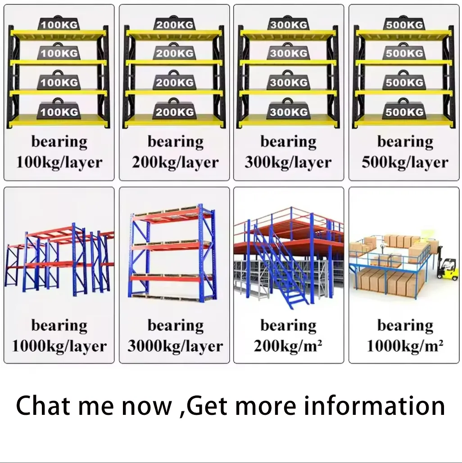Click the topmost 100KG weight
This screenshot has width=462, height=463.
pos(59,23)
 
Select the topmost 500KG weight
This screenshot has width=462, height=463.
pos(404,23)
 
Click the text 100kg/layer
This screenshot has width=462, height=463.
pos(59,162)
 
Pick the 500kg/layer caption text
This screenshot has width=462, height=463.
pos(405,162)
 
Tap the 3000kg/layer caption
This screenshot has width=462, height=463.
pos(175,346)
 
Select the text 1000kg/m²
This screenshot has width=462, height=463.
pos(405,346)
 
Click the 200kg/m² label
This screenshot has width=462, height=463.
pos(288,346)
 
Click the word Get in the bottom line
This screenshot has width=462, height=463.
pos(207,405)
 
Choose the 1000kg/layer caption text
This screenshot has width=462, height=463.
pos(59,346)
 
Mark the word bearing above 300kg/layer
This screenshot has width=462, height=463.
pos(289,142)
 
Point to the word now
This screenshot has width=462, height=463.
pos(147,407)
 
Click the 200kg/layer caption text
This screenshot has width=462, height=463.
pos(175,162)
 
